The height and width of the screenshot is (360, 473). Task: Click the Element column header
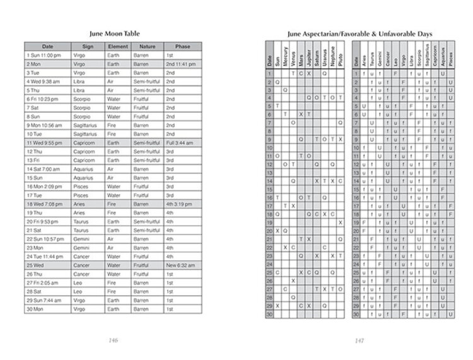[x=118, y=47]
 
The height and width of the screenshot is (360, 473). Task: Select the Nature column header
[x=147, y=47]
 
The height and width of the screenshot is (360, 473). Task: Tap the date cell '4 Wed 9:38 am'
[x=42, y=81]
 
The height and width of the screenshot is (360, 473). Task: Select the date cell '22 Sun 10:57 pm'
[x=45, y=239]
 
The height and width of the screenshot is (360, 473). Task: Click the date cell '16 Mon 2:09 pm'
[x=44, y=187]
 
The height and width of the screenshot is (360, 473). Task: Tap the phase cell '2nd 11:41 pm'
[x=180, y=64]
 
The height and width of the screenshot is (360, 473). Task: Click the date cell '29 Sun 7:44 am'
[x=44, y=300]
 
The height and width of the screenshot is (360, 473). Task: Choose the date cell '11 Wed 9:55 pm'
[x=44, y=143]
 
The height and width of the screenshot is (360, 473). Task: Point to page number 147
[x=359, y=340]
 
